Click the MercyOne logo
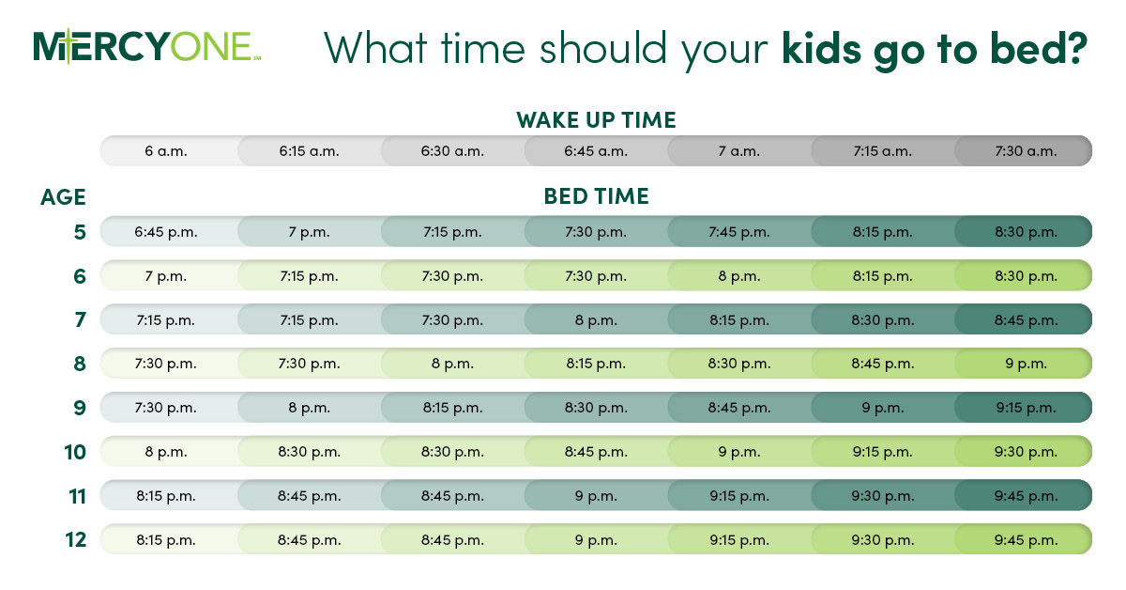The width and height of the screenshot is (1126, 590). click(146, 47)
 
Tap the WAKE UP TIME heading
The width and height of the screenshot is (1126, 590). click(596, 120)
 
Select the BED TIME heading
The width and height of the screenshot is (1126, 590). click(596, 196)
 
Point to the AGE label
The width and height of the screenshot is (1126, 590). click(63, 197)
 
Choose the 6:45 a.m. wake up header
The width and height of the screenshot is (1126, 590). click(596, 150)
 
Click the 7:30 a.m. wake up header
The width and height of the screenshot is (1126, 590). click(1026, 150)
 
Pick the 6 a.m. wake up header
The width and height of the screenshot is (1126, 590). click(166, 150)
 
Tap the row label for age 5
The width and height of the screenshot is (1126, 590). click(79, 232)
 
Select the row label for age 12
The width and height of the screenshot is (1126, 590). click(75, 539)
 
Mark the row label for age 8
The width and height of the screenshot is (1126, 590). click(79, 364)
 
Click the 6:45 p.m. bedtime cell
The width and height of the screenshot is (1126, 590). click(166, 232)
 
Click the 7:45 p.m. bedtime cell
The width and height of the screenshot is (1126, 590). click(739, 232)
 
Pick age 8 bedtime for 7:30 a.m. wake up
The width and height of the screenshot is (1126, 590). click(1026, 364)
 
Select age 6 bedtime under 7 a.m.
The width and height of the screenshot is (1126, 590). click(739, 276)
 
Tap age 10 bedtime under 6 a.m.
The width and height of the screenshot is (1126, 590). click(166, 452)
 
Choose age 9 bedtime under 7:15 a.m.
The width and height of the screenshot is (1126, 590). click(883, 408)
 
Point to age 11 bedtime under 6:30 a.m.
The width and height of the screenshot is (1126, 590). click(452, 495)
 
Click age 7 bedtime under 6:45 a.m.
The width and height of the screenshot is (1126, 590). click(596, 319)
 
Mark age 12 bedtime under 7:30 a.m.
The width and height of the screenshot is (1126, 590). click(1026, 539)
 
